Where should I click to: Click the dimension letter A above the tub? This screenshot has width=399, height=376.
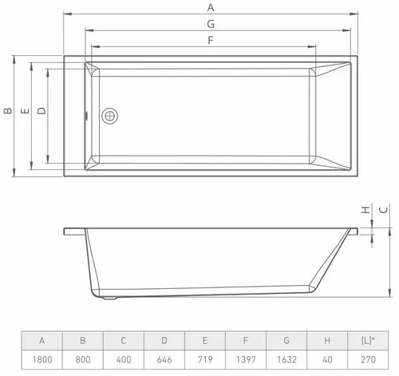point(210,6)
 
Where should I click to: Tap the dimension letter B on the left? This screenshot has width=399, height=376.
point(7,113)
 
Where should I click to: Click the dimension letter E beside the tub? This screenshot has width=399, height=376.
point(24,113)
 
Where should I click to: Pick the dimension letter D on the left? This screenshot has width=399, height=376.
point(41,113)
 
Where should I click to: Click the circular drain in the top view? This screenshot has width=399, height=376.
point(109,116)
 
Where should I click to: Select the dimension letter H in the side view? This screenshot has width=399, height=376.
point(364,211)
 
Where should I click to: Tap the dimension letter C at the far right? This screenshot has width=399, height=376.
point(382,211)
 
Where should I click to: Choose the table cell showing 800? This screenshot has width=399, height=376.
point(82,361)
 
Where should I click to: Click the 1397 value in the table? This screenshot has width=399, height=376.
point(245,361)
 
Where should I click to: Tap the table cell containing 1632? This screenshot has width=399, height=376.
point(286,361)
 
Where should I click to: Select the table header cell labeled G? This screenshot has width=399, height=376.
point(286,341)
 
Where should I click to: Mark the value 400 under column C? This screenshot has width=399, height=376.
point(123,361)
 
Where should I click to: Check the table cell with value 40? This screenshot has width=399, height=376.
point(327,361)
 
